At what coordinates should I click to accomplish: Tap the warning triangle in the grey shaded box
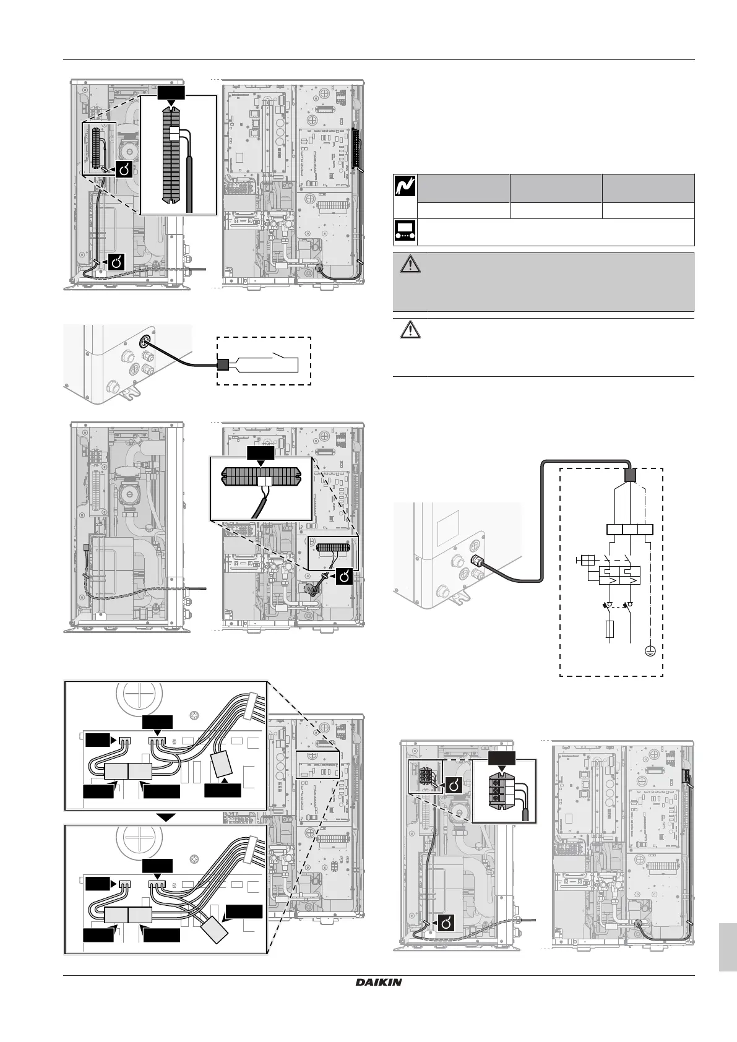coord(409,265)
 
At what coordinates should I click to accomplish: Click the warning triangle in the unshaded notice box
coord(409,330)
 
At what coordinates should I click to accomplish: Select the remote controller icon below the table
coord(405,233)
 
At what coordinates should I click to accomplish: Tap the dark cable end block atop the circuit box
coord(630,475)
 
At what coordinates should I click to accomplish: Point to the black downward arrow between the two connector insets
coord(166,817)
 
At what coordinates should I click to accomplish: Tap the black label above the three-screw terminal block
coord(502,760)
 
